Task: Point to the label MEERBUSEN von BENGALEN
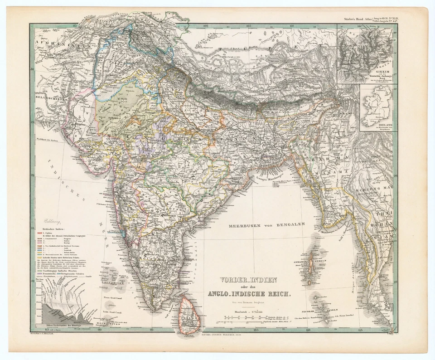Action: click(266, 224)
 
